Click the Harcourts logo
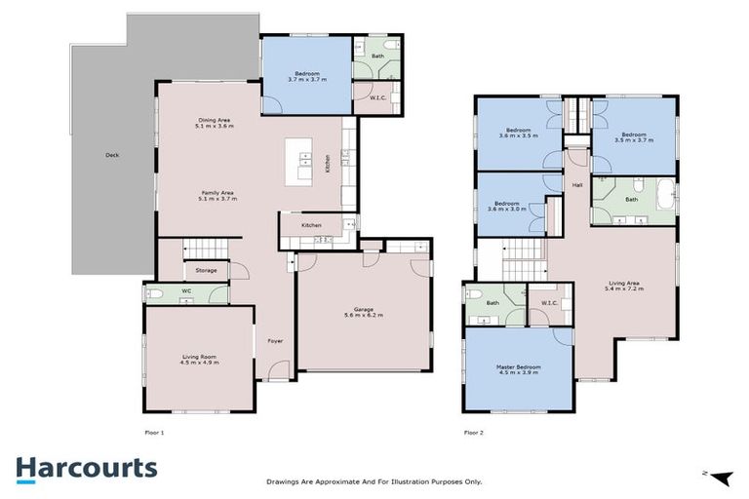click(x=86, y=468)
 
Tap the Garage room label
click(x=363, y=313)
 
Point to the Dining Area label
click(x=213, y=123)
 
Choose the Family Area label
click(x=217, y=195)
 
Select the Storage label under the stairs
click(x=206, y=270)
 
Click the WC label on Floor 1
click(x=186, y=289)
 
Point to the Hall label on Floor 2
click(x=577, y=184)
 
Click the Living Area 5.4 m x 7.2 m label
click(x=624, y=287)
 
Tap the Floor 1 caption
click(x=155, y=432)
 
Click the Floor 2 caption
click(x=474, y=432)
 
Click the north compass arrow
click(x=720, y=477)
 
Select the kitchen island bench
click(x=298, y=163)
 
